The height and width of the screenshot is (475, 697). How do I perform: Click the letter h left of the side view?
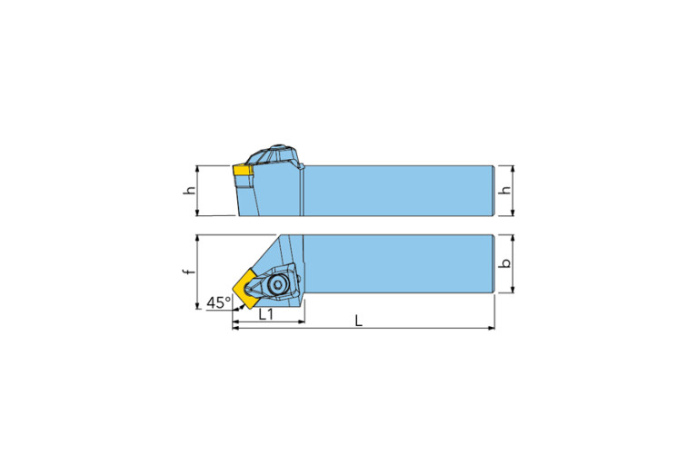tap(189, 192)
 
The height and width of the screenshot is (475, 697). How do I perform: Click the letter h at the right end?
tap(506, 192)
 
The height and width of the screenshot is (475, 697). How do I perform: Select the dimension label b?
tap(507, 264)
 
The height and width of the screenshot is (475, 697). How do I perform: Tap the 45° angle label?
tap(218, 302)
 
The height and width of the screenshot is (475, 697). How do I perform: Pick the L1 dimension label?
tap(266, 314)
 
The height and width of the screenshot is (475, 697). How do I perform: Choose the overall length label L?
tap(359, 322)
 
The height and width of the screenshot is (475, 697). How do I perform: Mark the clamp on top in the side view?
tap(275, 157)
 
